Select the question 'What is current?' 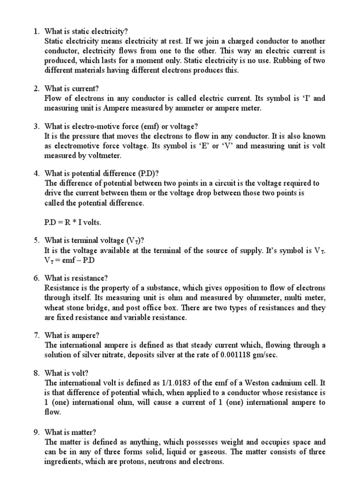tap(72, 88)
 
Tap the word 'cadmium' tap(278, 383)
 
